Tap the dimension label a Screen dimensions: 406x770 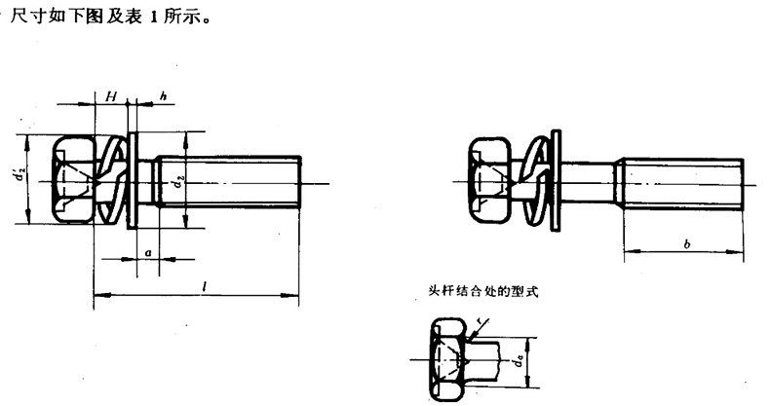tap(146, 251)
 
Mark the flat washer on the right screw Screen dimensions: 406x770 tap(556, 181)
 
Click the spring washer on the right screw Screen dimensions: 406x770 tap(533, 181)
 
